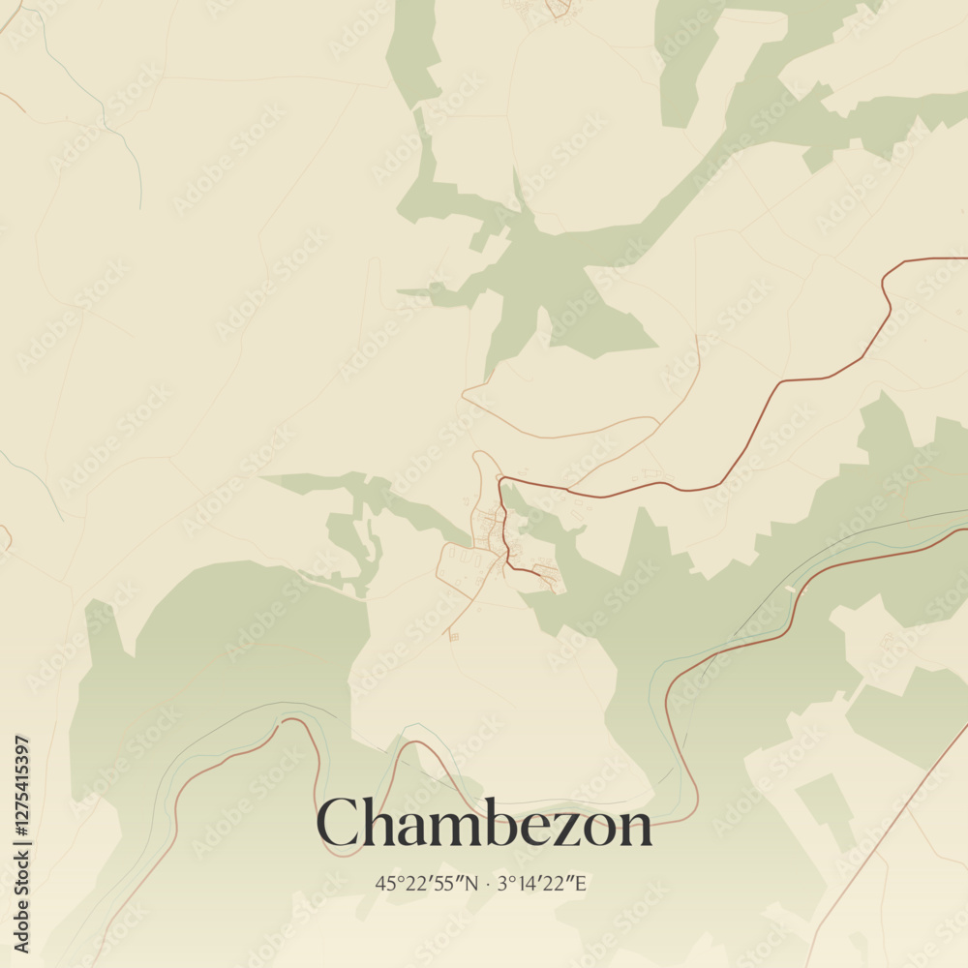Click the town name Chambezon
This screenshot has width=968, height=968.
tap(484, 825)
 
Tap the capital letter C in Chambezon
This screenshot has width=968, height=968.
tap(338, 825)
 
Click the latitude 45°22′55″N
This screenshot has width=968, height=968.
tap(427, 883)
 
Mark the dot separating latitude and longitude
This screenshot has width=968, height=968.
tap(488, 883)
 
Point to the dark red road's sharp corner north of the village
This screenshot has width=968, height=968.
tap(499, 478)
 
